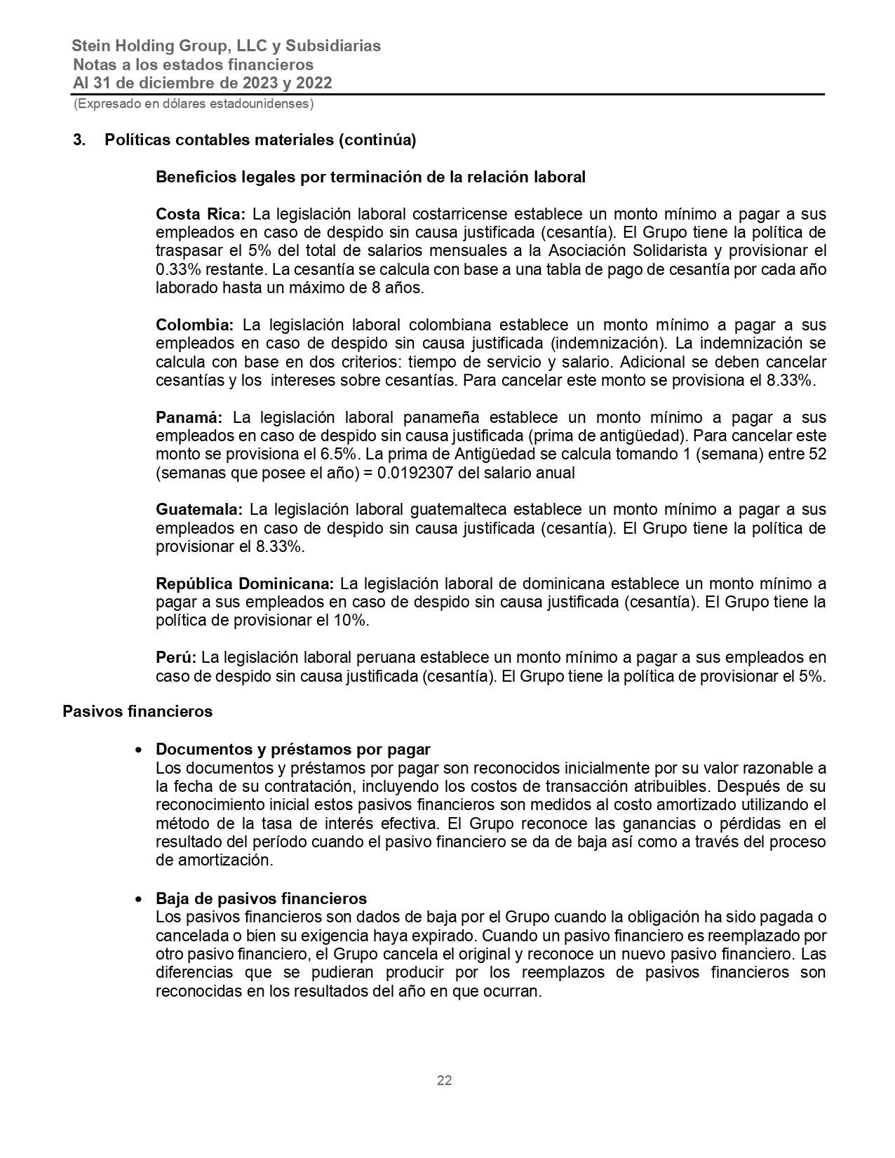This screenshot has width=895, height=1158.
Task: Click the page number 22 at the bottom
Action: pyautogui.click(x=444, y=1081)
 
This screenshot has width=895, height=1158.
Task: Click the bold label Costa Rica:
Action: pyautogui.click(x=201, y=214)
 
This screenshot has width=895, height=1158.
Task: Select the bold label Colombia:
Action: pyautogui.click(x=194, y=325)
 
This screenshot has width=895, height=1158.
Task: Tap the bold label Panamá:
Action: pyautogui.click(x=189, y=418)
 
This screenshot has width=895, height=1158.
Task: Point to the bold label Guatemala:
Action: pyautogui.click(x=199, y=509)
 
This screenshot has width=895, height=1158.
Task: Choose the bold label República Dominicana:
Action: pyautogui.click(x=245, y=584)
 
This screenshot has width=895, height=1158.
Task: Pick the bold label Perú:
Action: pyautogui.click(x=176, y=658)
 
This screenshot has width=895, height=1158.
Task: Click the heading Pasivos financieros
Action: pyautogui.click(x=137, y=711)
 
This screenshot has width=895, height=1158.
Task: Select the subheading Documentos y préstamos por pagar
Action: pyautogui.click(x=292, y=749)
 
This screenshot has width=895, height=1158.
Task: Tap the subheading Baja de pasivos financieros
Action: pyautogui.click(x=261, y=898)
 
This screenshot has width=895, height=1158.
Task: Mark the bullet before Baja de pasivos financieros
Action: pyautogui.click(x=140, y=899)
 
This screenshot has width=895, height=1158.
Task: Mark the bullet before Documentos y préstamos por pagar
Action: pyautogui.click(x=140, y=750)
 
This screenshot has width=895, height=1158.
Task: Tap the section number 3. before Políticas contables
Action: pyautogui.click(x=79, y=140)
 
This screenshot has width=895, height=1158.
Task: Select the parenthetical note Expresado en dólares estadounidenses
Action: pyautogui.click(x=193, y=104)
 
